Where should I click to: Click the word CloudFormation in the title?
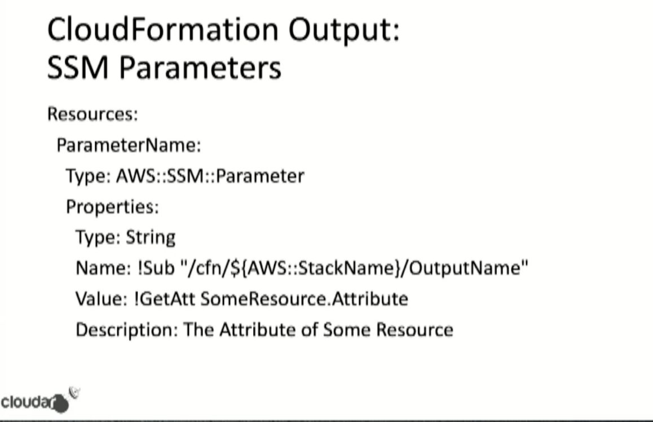(163, 29)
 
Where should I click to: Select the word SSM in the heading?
(78, 68)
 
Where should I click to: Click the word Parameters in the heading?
(200, 68)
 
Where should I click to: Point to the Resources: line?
(92, 114)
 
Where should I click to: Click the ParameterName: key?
(129, 145)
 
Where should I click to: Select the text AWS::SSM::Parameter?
(210, 176)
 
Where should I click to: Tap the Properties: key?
(112, 206)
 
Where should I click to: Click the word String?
(151, 238)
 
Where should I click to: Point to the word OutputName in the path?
(465, 268)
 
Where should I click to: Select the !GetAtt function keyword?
(165, 298)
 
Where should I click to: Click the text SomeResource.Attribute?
(305, 298)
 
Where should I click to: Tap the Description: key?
(127, 330)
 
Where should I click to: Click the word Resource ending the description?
(415, 329)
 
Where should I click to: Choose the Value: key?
(102, 298)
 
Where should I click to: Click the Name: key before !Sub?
(103, 268)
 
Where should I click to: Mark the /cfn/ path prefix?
(208, 268)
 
